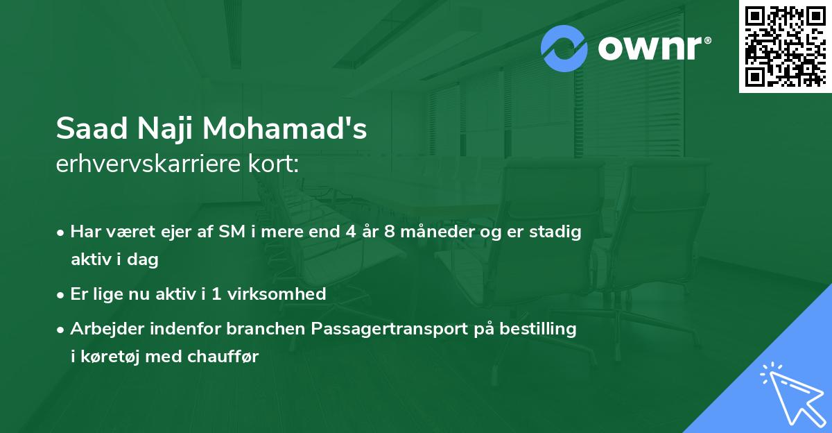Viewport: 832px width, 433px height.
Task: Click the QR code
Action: point(785,46)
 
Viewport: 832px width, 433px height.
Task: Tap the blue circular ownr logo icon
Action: point(564,49)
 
